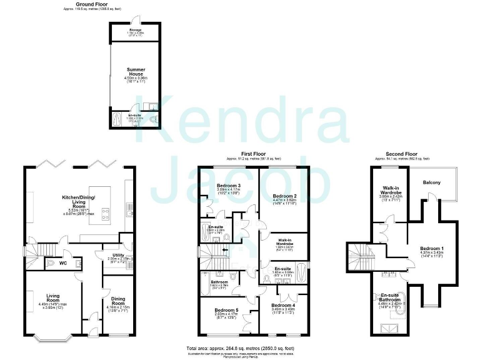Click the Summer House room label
[136, 71]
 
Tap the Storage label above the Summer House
[136, 30]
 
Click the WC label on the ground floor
[62, 263]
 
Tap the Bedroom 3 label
[229, 186]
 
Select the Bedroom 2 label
[284, 196]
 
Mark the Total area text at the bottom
[241, 347]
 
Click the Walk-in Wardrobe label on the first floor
[285, 241]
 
